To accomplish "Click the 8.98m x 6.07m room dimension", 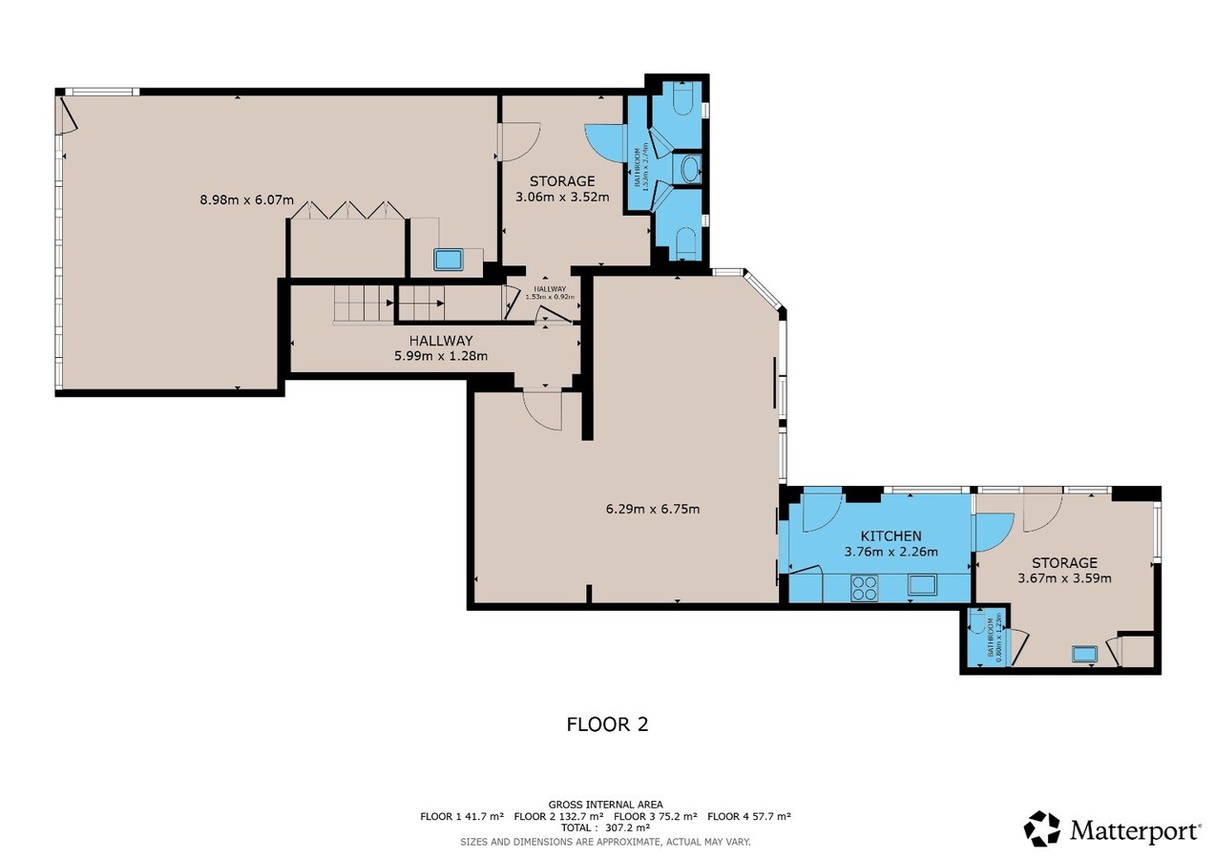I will (246, 199).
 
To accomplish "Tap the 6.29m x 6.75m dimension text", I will (653, 509).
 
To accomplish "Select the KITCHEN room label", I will (890, 535).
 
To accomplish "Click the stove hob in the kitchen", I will (865, 587).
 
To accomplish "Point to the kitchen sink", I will (922, 585).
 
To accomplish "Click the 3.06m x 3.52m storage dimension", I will (562, 198).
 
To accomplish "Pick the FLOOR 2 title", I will (607, 724).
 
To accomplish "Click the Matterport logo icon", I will (1042, 828).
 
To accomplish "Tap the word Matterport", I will (1135, 830).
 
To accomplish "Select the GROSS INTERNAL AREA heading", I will (605, 805).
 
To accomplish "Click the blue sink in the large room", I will (448, 259).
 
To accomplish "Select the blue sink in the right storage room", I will (1084, 654).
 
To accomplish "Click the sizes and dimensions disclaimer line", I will (605, 842).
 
